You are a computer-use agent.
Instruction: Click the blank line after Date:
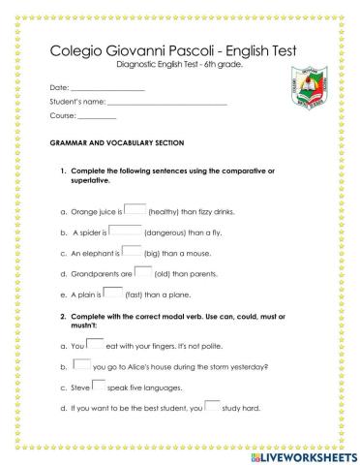pyautogui.click(x=108, y=89)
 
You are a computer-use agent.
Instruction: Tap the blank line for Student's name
pyautogui.click(x=168, y=104)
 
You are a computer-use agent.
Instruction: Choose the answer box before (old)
pyautogui.click(x=142, y=272)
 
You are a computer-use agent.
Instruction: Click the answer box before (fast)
pyautogui.click(x=113, y=294)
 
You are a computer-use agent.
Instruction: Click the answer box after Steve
pyautogui.click(x=98, y=386)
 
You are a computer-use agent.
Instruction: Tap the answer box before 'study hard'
pyautogui.click(x=212, y=406)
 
